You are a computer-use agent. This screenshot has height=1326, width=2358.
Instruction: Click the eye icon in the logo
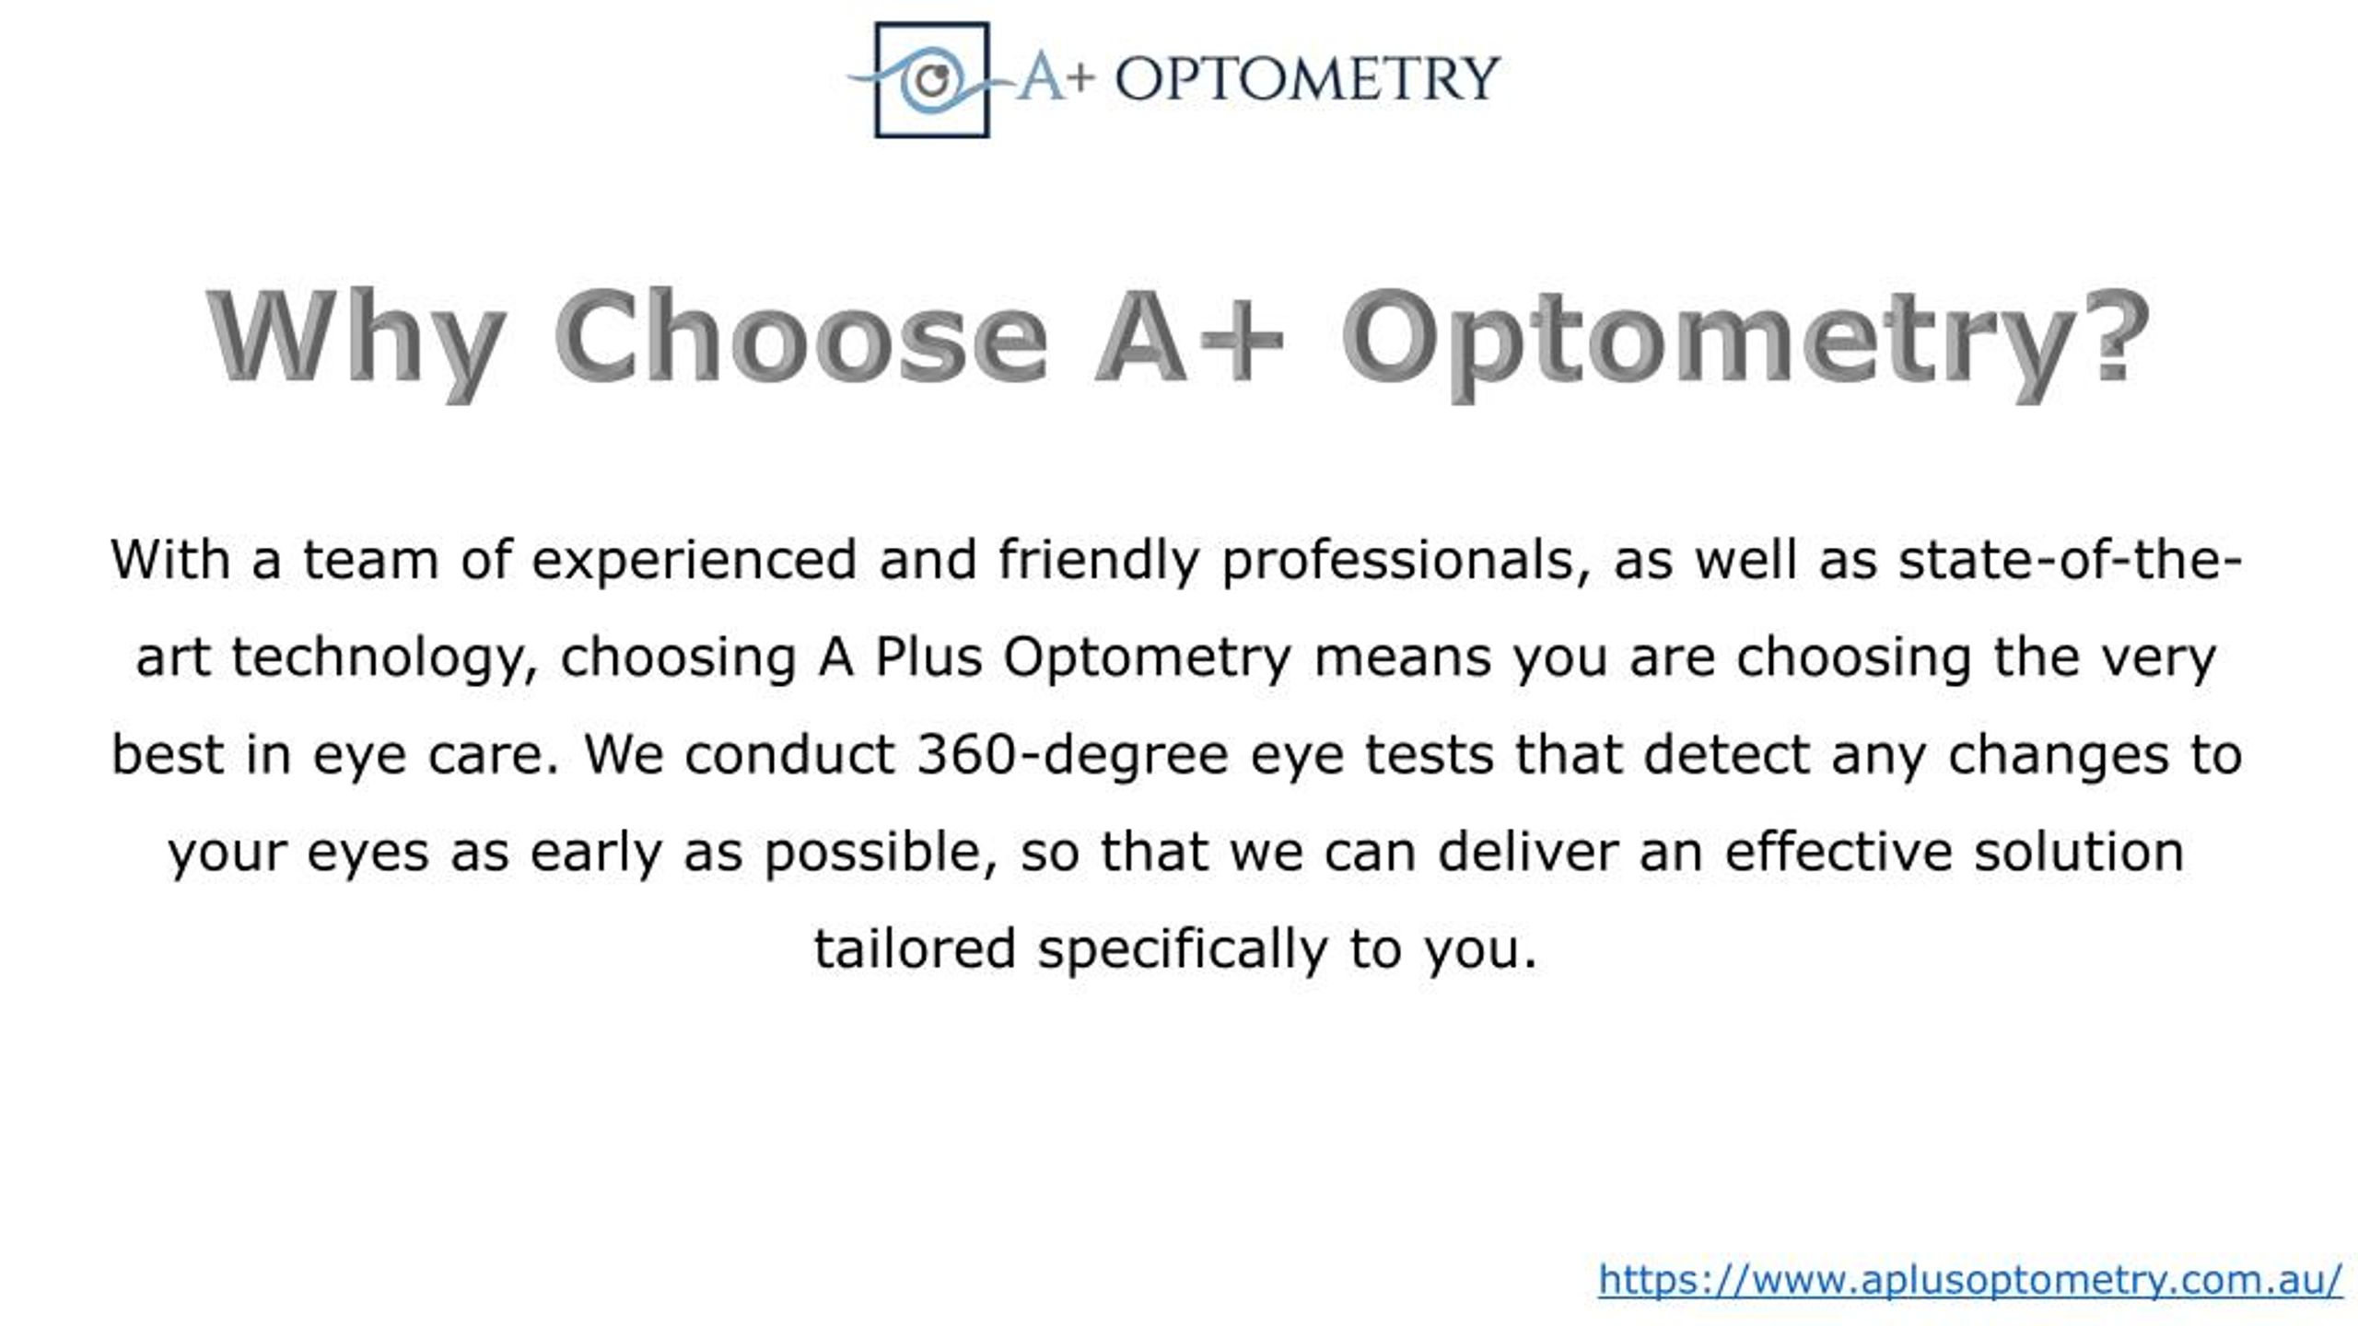931,79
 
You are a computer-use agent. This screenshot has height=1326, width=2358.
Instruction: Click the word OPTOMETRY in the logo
1308,78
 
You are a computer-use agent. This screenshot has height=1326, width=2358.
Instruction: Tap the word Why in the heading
356,339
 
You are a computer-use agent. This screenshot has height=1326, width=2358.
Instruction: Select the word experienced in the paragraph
695,560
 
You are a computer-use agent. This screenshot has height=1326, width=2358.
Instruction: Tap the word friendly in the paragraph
1098,560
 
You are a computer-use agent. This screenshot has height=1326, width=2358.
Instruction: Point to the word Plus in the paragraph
928,657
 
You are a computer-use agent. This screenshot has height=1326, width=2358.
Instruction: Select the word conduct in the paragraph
790,754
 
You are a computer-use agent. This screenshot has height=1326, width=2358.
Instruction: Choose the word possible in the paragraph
881,853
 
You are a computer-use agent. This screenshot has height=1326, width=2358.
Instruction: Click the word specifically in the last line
1183,950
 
